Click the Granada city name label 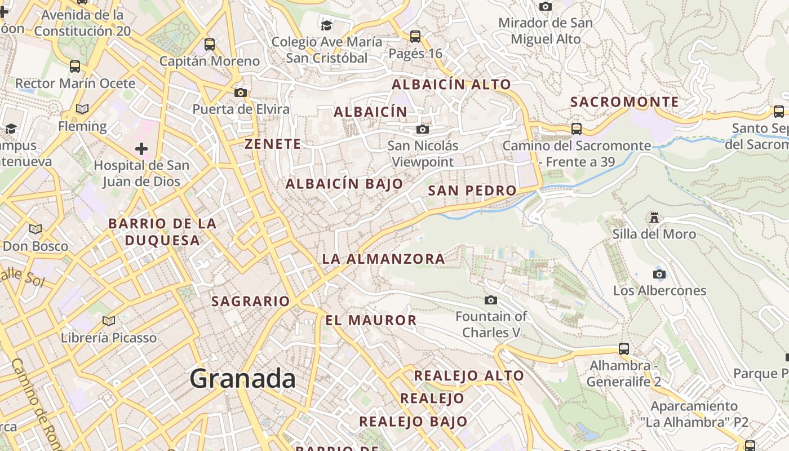[x=242, y=378]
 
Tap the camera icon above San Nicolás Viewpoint [x=422, y=130]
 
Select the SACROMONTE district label [x=624, y=102]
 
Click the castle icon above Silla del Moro [x=654, y=217]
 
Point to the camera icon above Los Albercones [x=659, y=275]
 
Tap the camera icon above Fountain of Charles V [x=491, y=300]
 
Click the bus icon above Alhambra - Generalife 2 [x=623, y=348]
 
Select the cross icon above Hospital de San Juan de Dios [x=141, y=149]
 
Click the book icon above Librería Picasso [x=109, y=321]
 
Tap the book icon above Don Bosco [x=36, y=229]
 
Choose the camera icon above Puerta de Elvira [x=241, y=92]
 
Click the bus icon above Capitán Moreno [x=210, y=44]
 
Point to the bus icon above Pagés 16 [x=415, y=37]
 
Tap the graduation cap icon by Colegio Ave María [x=326, y=25]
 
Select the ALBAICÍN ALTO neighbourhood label [x=451, y=85]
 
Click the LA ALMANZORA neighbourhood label [x=383, y=259]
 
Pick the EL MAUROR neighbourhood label [x=371, y=320]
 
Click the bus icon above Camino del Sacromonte [x=577, y=129]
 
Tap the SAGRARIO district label [x=250, y=301]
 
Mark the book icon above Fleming [x=82, y=109]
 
